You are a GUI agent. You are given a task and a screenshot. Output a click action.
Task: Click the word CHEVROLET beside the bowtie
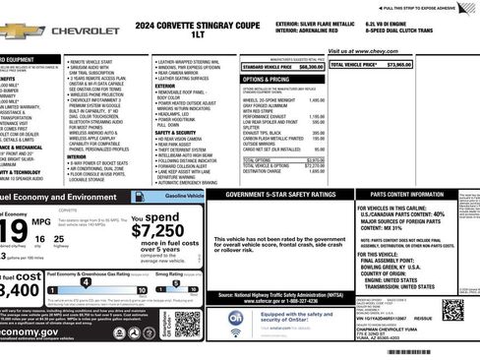pos(85,31)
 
